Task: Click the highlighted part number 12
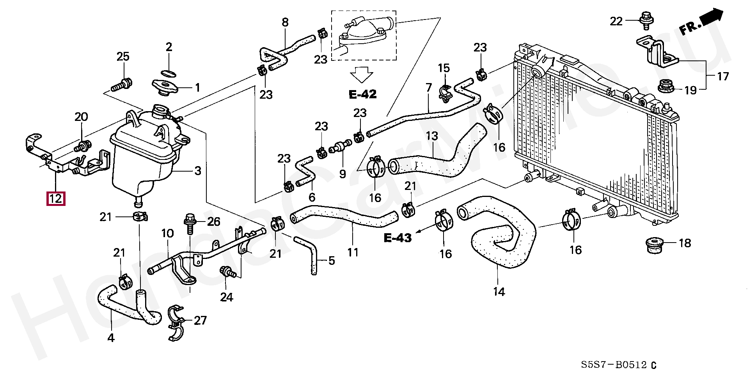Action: pos(55,199)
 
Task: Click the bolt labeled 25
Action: pos(121,84)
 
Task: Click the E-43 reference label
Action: pos(398,238)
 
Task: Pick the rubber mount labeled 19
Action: pos(667,87)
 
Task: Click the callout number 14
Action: pos(499,291)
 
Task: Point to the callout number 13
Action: pos(432,136)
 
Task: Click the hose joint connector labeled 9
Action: pos(339,149)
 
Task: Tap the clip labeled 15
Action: pos(446,92)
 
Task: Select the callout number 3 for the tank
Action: pos(198,170)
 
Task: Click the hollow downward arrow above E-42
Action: pos(362,74)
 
